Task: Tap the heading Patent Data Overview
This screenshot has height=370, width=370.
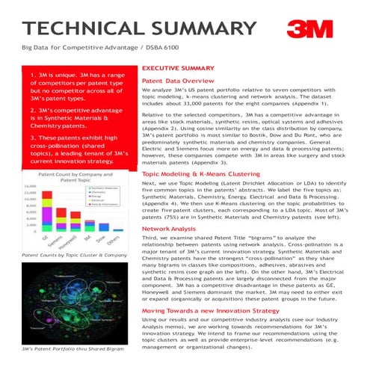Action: pos(179,80)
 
